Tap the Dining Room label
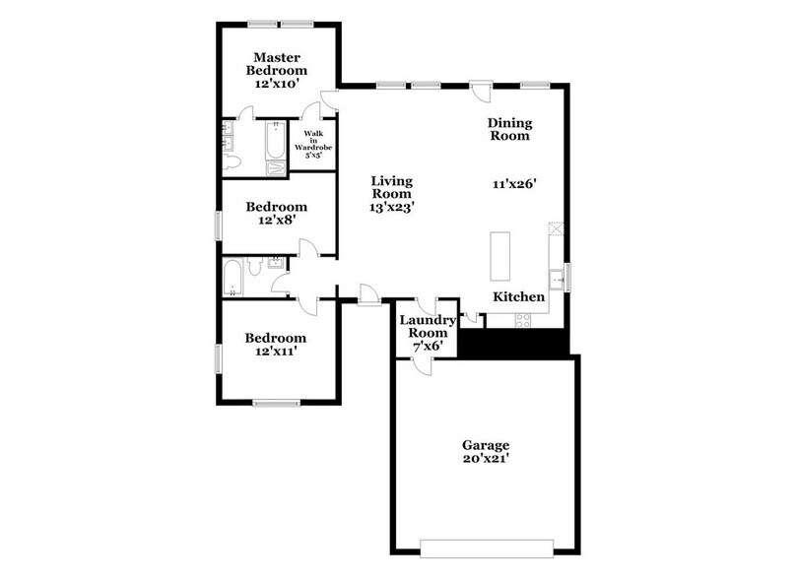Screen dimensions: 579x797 click(509, 129)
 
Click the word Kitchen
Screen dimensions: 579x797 click(518, 295)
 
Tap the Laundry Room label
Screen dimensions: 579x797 click(427, 327)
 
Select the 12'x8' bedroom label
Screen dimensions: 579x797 click(277, 214)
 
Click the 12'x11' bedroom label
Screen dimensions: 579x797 click(277, 348)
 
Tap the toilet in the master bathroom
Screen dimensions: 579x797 click(232, 161)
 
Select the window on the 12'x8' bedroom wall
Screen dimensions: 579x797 click(219, 224)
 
